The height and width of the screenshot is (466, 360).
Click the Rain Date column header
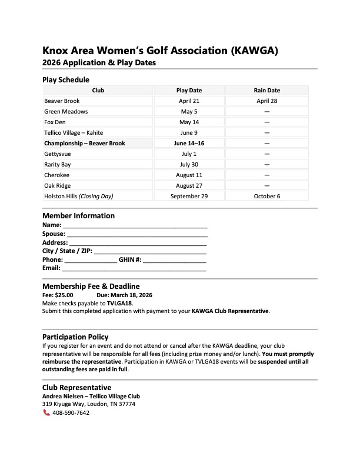(x=266, y=91)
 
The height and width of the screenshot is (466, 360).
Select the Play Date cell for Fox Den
(x=189, y=122)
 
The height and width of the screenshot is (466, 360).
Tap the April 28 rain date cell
(x=266, y=101)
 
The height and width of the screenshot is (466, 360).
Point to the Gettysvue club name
(x=58, y=154)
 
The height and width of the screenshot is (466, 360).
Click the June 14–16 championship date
(x=189, y=144)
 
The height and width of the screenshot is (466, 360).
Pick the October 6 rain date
(x=266, y=197)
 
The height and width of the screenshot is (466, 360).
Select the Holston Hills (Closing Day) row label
(x=78, y=197)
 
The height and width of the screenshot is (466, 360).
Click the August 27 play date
(x=189, y=186)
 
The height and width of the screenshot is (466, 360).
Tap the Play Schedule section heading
(x=65, y=79)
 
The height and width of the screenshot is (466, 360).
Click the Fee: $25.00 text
(x=58, y=295)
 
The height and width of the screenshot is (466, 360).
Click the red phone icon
(x=46, y=413)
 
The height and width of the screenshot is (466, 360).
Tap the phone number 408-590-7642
(x=71, y=413)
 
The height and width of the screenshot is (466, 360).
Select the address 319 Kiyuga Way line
(x=88, y=404)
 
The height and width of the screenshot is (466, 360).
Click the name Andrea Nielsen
(x=63, y=396)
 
